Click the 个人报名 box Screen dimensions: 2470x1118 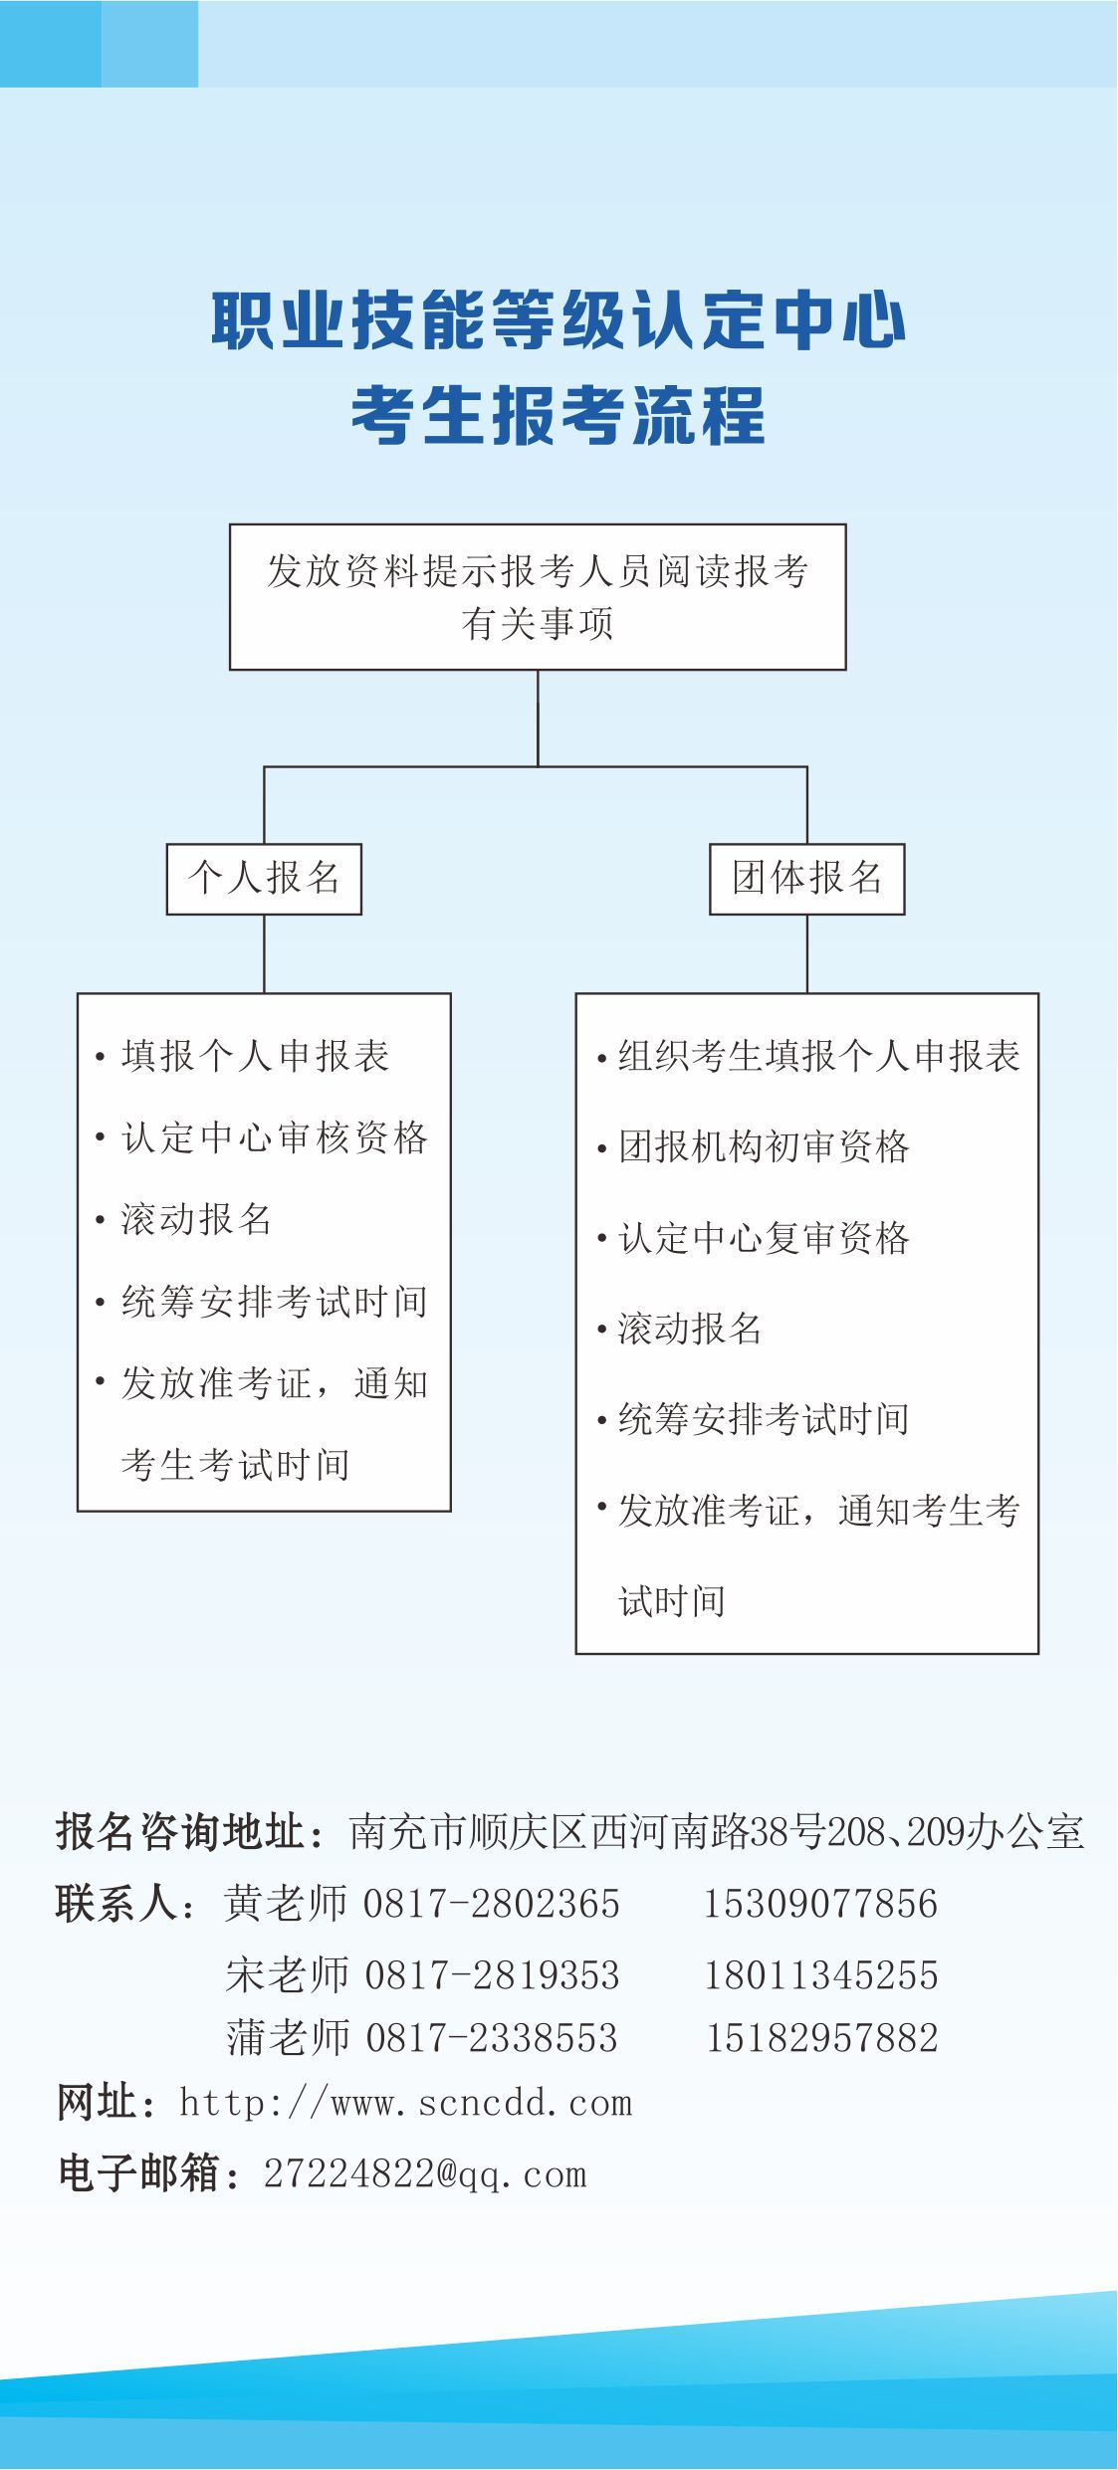[x=264, y=879]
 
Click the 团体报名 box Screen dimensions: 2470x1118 [x=806, y=879]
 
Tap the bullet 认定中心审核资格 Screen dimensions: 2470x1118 [x=274, y=1137]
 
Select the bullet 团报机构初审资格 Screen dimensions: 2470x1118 [x=764, y=1146]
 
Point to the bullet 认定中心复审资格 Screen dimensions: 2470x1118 [x=764, y=1238]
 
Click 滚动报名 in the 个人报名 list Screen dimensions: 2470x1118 [x=196, y=1219]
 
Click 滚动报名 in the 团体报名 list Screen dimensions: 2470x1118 [x=690, y=1329]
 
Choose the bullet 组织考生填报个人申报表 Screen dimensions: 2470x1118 [x=818, y=1056]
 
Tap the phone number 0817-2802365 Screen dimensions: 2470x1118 [x=492, y=1904]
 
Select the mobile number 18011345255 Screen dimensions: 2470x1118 [x=821, y=1975]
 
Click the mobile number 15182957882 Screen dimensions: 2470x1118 [x=822, y=2038]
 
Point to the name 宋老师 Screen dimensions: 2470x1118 [x=288, y=1975]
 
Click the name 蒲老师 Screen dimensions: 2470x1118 [x=288, y=2038]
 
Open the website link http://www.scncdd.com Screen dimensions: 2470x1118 [x=406, y=2103]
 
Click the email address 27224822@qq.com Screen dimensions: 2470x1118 [x=425, y=2174]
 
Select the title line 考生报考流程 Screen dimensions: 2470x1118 [x=559, y=415]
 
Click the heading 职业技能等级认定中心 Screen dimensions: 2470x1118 [x=559, y=321]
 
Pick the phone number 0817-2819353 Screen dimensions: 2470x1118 [x=493, y=1975]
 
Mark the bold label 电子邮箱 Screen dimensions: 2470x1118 [x=139, y=2174]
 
